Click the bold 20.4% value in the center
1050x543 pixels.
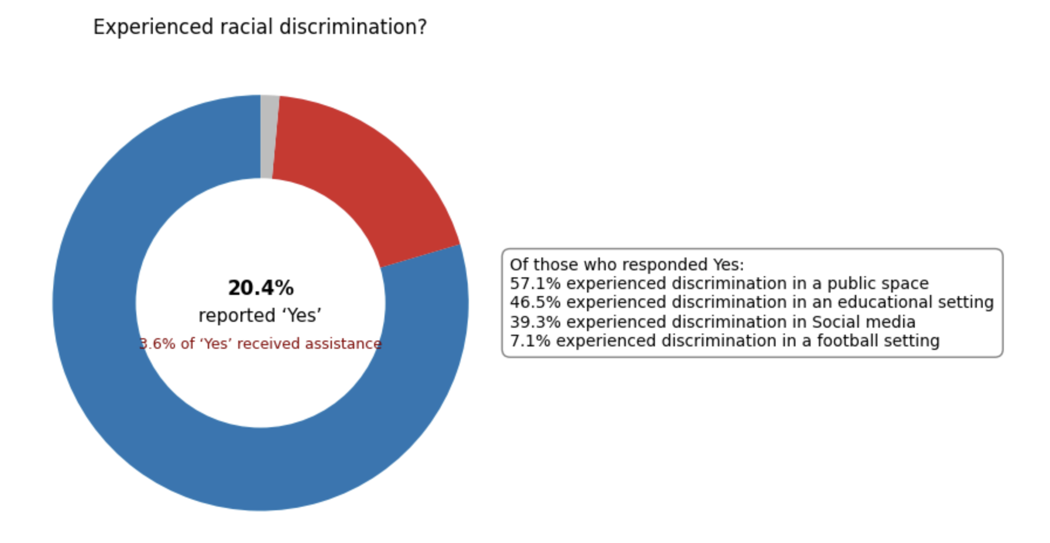coord(260,288)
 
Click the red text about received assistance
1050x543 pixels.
coord(260,343)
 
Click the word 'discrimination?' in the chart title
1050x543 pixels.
coord(353,27)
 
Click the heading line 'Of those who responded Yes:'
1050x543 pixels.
coord(627,265)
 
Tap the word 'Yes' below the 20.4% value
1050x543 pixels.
coord(302,316)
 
